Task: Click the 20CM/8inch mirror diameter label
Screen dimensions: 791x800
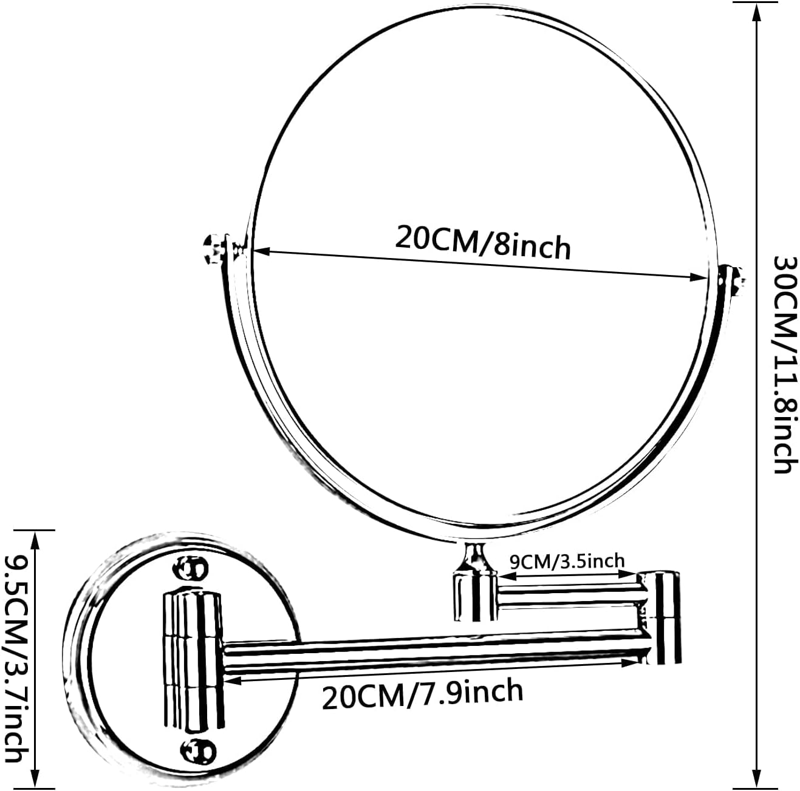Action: pyautogui.click(x=483, y=242)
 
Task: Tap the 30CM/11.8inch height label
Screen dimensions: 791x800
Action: pyautogui.click(x=784, y=364)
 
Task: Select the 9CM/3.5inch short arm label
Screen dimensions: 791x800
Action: pyautogui.click(x=567, y=560)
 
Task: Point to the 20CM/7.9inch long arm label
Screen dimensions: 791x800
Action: pyautogui.click(x=422, y=694)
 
